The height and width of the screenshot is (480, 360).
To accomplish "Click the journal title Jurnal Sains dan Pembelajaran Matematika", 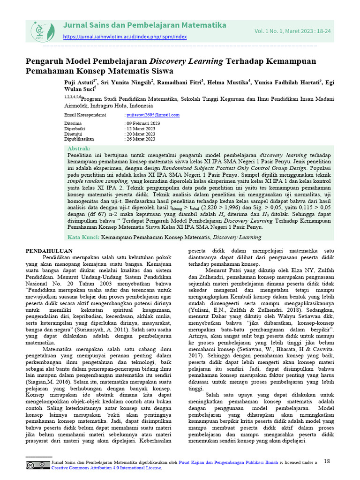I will pos(144,25).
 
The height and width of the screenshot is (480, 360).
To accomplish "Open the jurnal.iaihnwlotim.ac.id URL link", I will pos(125,37).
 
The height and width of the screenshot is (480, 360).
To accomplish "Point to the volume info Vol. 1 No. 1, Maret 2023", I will pos(292,31).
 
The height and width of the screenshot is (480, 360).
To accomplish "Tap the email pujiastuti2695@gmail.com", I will pos(153,115).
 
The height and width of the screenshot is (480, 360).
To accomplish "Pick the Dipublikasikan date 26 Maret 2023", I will pos(141,139).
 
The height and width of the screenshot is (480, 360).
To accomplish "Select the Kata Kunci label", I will pos(83,238).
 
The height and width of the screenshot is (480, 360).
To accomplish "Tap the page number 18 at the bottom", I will pos(327,461).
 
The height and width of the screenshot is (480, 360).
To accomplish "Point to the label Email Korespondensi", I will pos(85,115).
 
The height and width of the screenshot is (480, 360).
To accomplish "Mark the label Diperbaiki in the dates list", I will pos(75,128).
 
